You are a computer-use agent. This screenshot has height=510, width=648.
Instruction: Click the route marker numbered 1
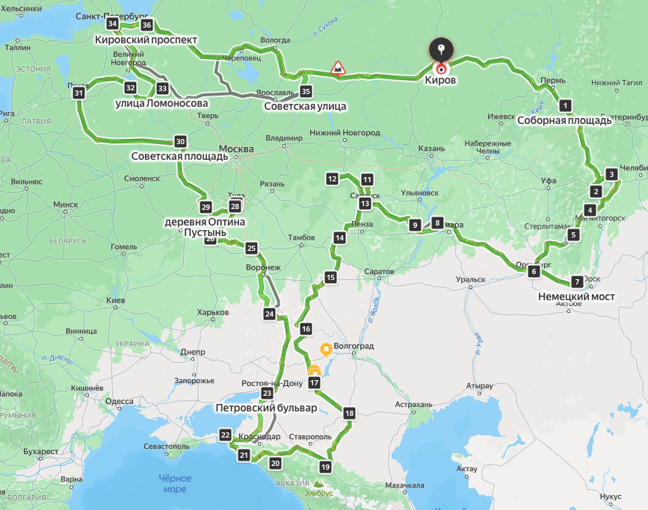pyautogui.click(x=565, y=105)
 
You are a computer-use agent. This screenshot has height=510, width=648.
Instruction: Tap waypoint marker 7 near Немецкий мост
pyautogui.click(x=576, y=282)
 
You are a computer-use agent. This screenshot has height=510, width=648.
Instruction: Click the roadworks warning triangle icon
pyautogui.click(x=338, y=68)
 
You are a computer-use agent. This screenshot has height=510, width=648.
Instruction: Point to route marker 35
pyautogui.click(x=305, y=92)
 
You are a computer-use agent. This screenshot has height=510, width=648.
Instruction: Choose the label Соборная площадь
pyautogui.click(x=564, y=119)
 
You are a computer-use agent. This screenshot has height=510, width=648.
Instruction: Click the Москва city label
pyautogui.click(x=236, y=149)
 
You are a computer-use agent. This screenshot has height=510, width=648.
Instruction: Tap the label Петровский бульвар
pyautogui.click(x=266, y=408)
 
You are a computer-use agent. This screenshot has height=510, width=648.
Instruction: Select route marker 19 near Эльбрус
pyautogui.click(x=324, y=467)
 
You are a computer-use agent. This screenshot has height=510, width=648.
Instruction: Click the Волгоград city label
pyautogui.click(x=354, y=347)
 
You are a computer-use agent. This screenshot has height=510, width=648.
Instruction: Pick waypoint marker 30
pyautogui.click(x=179, y=141)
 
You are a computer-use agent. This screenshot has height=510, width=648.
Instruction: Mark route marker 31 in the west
pyautogui.click(x=78, y=93)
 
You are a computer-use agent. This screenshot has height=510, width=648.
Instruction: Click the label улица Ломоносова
pyautogui.click(x=161, y=103)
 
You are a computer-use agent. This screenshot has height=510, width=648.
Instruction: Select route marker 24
pyautogui.click(x=269, y=314)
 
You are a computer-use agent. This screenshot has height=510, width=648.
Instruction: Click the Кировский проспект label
pyautogui.click(x=146, y=40)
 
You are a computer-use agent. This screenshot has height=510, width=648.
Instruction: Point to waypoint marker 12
pyautogui.click(x=332, y=178)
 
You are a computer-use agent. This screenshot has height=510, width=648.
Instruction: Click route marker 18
pyautogui.click(x=349, y=413)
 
